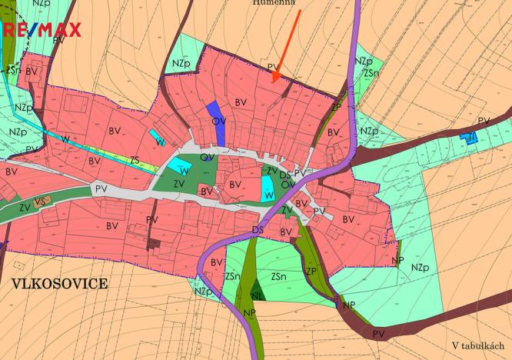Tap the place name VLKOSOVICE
[x=59, y=283]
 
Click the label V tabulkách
[x=477, y=346]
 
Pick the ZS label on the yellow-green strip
[x=135, y=160]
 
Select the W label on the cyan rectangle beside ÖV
[x=268, y=196]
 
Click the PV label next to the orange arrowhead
[x=271, y=68]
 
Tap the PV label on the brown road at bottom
[x=377, y=334]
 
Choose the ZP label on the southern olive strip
[x=311, y=271]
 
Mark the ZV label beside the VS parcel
[x=25, y=207]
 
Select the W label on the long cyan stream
[x=65, y=138]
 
